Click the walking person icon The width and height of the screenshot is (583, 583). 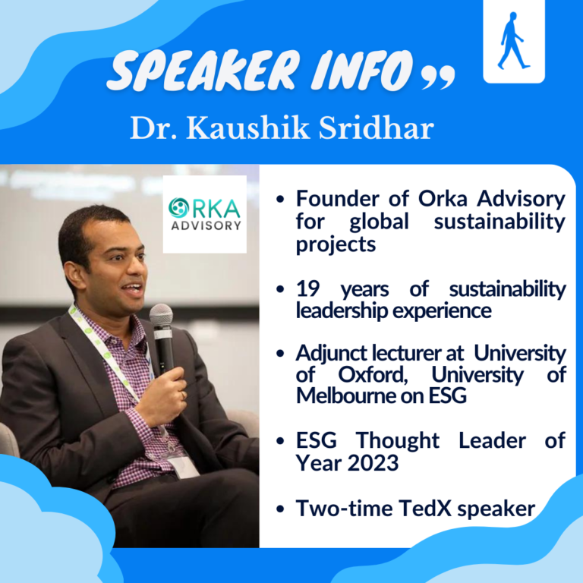[x=513, y=41]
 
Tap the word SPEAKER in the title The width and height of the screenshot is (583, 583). [x=203, y=71]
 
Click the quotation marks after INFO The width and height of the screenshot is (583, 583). [x=438, y=77]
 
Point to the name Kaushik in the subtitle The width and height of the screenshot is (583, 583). [x=248, y=128]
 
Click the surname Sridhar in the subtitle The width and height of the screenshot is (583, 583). [x=377, y=128]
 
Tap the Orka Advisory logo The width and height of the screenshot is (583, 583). [x=204, y=214]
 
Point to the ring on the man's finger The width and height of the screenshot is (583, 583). [x=183, y=395]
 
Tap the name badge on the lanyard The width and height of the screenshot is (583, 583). [x=184, y=467]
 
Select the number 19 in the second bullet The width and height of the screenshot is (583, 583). [x=307, y=289]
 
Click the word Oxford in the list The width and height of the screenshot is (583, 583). [x=373, y=375]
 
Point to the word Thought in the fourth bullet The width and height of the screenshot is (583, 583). [x=398, y=440]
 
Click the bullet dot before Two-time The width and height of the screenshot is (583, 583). [x=280, y=509]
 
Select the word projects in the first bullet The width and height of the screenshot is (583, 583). [x=336, y=245]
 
